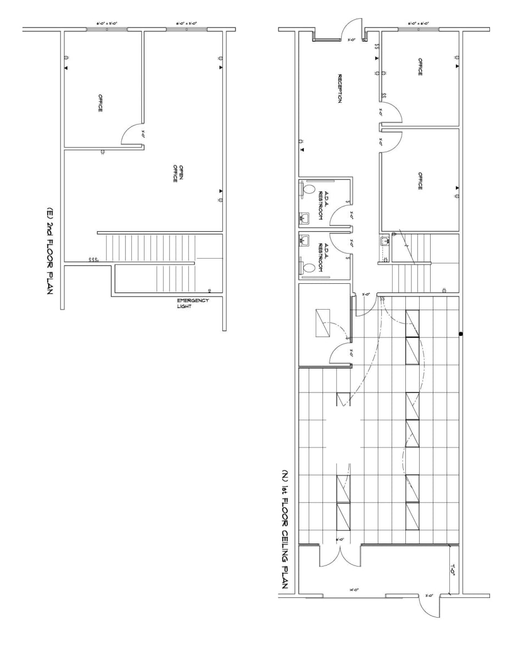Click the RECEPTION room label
point(340,89)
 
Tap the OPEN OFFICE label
point(176,173)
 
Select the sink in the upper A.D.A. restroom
point(304,219)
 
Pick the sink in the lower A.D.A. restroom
point(304,240)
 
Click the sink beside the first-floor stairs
point(384,240)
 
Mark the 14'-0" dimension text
point(354,590)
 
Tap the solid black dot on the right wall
point(461,334)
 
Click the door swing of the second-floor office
point(132,135)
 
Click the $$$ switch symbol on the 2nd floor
point(93,259)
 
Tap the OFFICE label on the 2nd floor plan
point(100,103)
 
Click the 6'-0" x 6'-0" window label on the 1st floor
point(418,24)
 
